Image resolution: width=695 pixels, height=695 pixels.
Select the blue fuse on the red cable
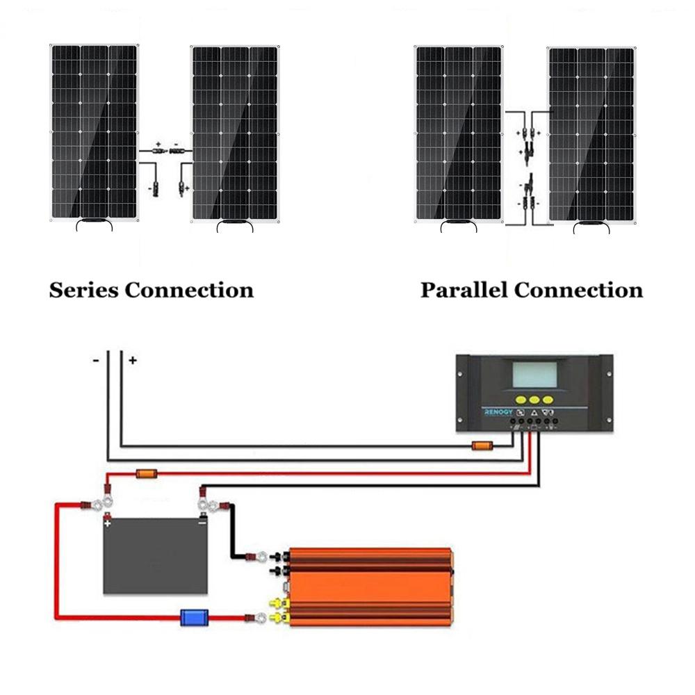tap(190, 616)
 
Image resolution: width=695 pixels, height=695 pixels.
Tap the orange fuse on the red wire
tap(147, 474)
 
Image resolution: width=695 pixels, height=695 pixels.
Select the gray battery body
tap(155, 559)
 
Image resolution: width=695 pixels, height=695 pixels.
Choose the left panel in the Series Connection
tap(94, 132)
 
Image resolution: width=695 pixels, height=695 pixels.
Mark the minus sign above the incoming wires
tap(97, 360)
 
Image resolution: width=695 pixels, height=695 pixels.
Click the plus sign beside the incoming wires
tap(132, 360)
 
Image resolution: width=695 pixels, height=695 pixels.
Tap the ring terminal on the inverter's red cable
tap(260, 616)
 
